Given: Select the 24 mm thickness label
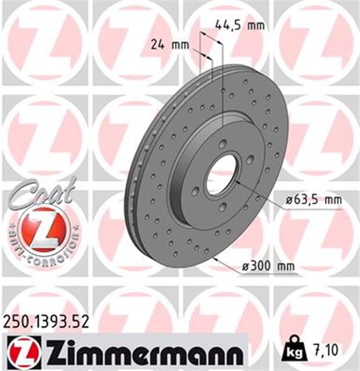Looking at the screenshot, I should (x=162, y=45).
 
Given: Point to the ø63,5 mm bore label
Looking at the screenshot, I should (x=312, y=201).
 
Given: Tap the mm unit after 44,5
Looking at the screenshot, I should (x=256, y=25).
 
